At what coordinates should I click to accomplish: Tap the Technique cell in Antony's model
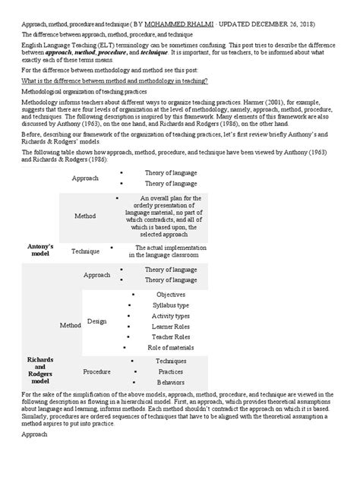pos(85,251)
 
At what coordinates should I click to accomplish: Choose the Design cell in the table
pos(96,321)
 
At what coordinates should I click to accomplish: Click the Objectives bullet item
pos(170,293)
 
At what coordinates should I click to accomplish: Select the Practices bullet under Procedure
pos(170,371)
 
